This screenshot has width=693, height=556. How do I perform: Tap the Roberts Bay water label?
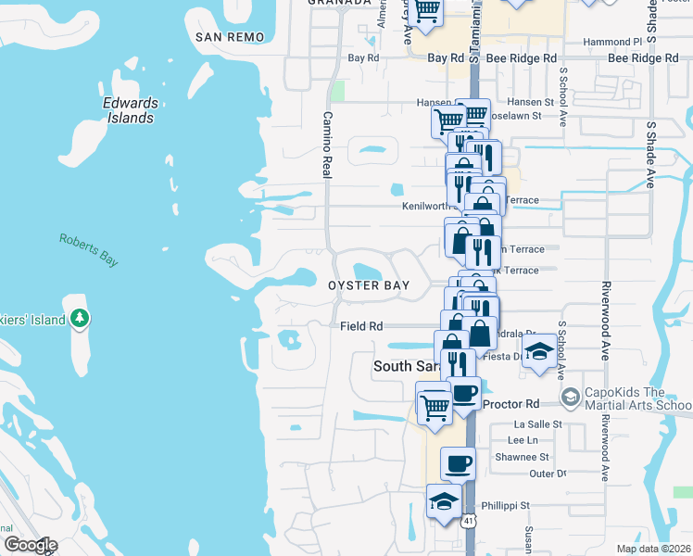click(89, 250)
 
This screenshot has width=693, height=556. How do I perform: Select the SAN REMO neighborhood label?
click(231, 37)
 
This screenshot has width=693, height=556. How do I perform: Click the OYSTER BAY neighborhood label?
click(369, 286)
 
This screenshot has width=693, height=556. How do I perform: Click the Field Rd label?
click(361, 326)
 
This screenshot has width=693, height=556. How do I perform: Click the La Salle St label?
click(537, 423)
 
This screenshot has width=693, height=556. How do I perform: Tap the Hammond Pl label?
click(612, 42)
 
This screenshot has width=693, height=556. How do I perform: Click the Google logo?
click(31, 545)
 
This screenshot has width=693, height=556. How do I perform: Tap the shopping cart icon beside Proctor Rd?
click(434, 405)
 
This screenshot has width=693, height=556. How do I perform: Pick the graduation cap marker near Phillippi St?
click(444, 501)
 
